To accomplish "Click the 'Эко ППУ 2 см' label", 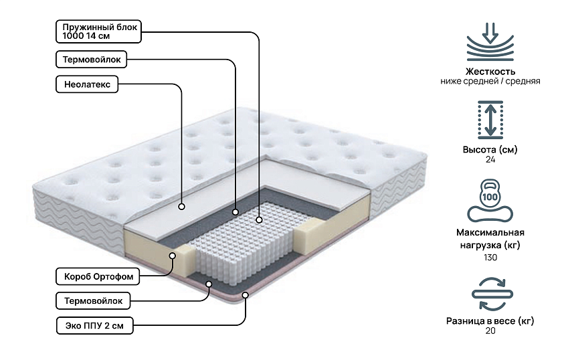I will (94, 326).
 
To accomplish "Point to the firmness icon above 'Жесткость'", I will (490, 41).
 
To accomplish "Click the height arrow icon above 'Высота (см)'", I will (490, 120).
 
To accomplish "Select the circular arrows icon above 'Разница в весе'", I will (490, 293).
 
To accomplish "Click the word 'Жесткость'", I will (490, 71).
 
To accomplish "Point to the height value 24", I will (490, 160).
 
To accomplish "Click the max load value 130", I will (490, 257).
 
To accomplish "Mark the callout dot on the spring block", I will (259, 218).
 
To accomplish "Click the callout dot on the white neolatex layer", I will (181, 207).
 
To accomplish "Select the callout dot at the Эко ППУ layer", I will (246, 294).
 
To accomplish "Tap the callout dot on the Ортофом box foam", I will (173, 255).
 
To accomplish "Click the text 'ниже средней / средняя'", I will (490, 81).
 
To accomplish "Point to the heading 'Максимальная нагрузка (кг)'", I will (490, 239).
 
